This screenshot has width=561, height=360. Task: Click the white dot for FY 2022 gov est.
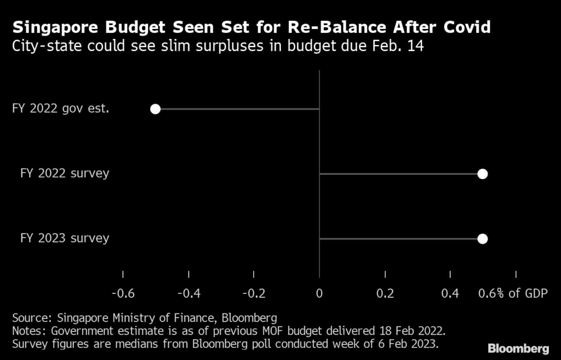pyautogui.click(x=155, y=109)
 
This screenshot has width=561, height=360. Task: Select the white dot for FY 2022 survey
pyautogui.click(x=482, y=174)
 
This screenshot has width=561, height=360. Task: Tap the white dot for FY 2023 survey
pyautogui.click(x=482, y=238)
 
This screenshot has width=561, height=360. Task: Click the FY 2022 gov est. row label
pyautogui.click(x=60, y=108)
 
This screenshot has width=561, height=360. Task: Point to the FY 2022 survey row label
pyautogui.click(x=65, y=173)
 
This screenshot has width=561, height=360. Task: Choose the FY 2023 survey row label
pyautogui.click(x=65, y=238)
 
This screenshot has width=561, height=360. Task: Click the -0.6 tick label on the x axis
pyautogui.click(x=123, y=294)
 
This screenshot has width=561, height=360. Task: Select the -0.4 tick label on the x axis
pyautogui.click(x=188, y=294)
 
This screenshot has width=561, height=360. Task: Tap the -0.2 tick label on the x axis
pyautogui.click(x=254, y=294)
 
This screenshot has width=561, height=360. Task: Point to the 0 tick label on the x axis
pyautogui.click(x=319, y=294)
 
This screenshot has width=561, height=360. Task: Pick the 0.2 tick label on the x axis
pyautogui.click(x=385, y=294)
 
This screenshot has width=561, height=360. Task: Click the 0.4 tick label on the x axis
pyautogui.click(x=450, y=294)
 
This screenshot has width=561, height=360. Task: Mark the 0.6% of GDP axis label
pyautogui.click(x=513, y=294)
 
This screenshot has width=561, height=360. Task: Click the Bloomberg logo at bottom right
pyautogui.click(x=518, y=348)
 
